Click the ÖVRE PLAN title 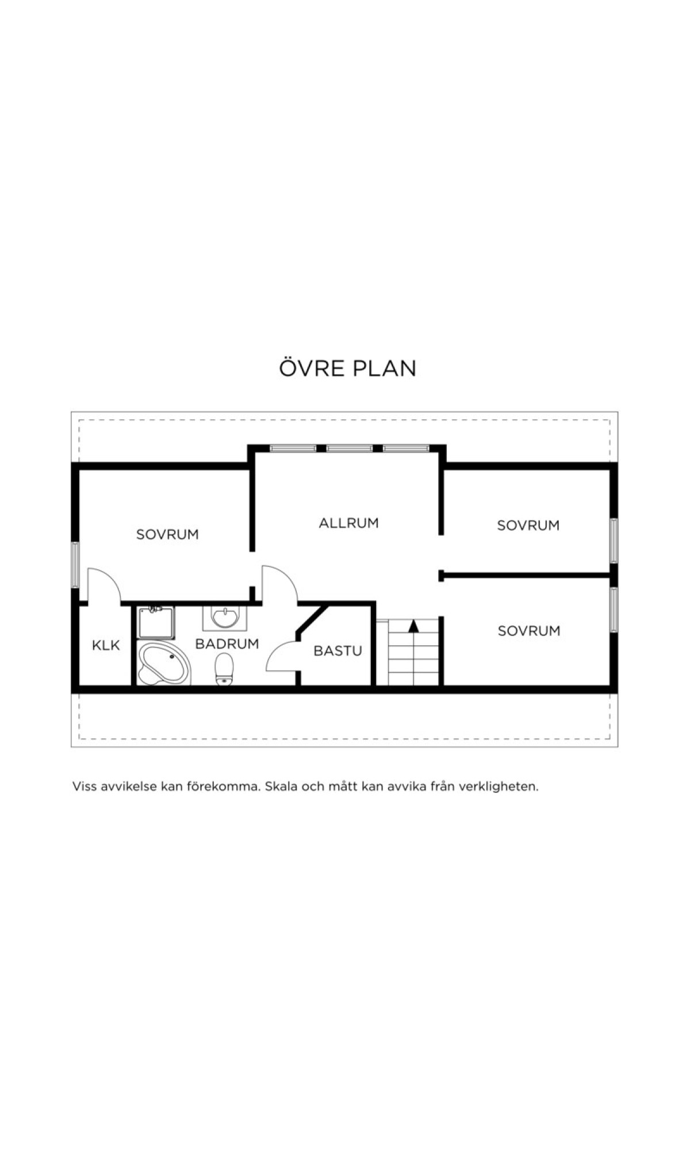tap(347, 368)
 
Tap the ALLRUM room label tap(348, 523)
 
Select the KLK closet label tap(106, 645)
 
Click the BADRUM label tap(227, 644)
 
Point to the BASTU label tap(338, 651)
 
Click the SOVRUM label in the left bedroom tap(167, 534)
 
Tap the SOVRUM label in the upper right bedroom tap(528, 525)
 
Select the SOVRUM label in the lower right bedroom tap(528, 631)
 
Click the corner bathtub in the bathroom tap(163, 664)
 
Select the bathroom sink tap(224, 618)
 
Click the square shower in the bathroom tap(156, 622)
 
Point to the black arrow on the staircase tap(413, 626)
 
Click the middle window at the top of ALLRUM tap(350, 448)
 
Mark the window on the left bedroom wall tap(75, 565)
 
